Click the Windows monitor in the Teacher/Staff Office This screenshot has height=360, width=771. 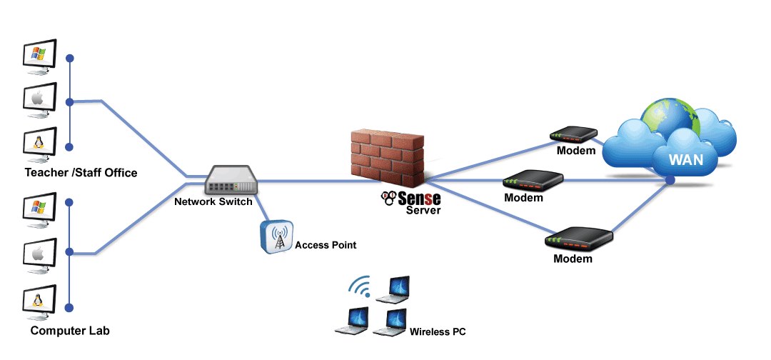click(40, 55)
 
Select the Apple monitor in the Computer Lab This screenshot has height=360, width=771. click(40, 253)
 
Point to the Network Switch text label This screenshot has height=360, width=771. click(213, 202)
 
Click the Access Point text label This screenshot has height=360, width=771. click(326, 245)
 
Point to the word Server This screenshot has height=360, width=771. click(423, 211)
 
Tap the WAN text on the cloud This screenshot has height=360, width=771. click(685, 160)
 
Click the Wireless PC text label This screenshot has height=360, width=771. click(438, 332)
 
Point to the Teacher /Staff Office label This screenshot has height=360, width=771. click(81, 173)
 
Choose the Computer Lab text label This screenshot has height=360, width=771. click(70, 331)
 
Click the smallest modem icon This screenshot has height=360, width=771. click(573, 134)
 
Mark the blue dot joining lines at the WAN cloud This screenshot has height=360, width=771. click(670, 180)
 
